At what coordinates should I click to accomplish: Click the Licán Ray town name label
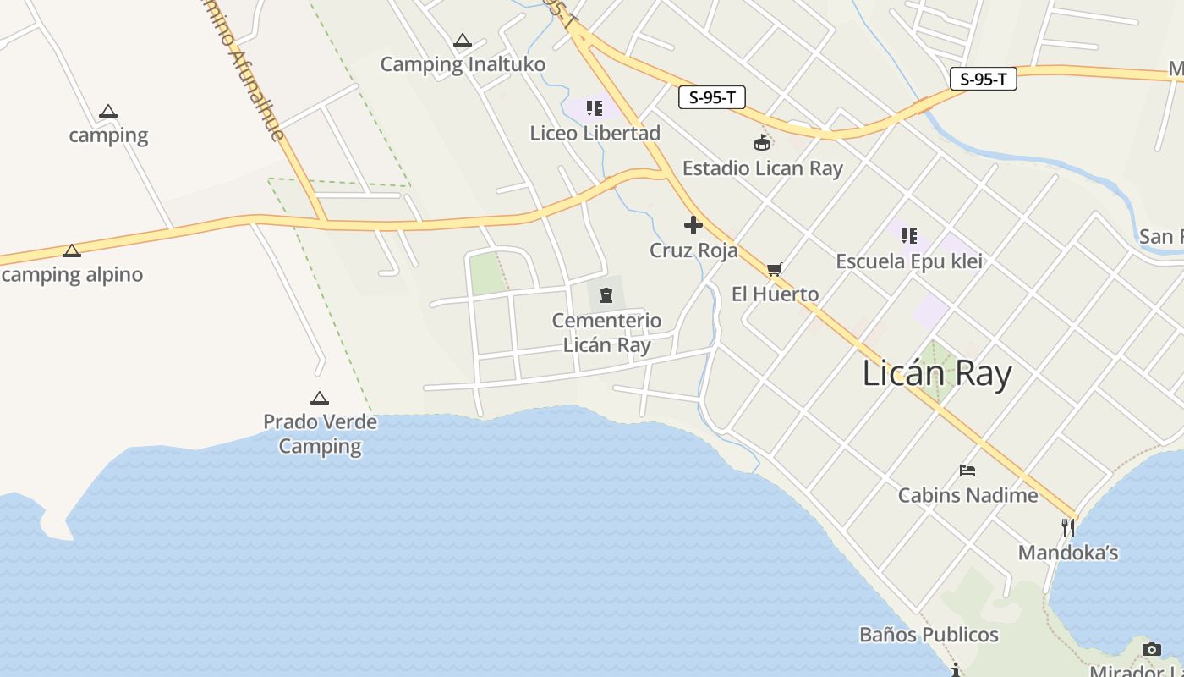[x=936, y=373]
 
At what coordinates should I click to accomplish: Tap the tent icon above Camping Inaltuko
[x=462, y=40]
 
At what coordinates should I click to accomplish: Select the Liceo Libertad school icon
[x=595, y=107]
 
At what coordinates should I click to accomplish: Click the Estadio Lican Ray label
[x=762, y=168]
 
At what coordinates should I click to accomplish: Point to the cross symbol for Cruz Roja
[x=693, y=225]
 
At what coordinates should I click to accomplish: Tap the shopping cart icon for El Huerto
[x=774, y=270]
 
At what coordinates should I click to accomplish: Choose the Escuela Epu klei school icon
[x=909, y=236]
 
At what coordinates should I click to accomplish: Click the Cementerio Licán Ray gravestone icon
[x=606, y=294]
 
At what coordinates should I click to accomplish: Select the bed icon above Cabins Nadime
[x=967, y=471]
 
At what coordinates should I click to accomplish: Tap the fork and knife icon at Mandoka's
[x=1068, y=528]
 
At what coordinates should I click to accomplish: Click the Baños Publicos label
[x=928, y=635]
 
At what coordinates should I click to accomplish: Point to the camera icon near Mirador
[x=1152, y=649]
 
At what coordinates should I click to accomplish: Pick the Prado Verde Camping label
[x=320, y=433]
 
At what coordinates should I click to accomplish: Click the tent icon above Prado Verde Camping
[x=320, y=398]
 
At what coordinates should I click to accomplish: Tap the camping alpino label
[x=73, y=274]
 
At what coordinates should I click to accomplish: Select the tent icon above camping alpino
[x=72, y=250]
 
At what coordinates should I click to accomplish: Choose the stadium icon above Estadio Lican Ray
[x=762, y=142]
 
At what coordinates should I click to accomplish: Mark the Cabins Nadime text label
[x=967, y=495]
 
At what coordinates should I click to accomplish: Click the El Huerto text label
[x=775, y=294]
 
